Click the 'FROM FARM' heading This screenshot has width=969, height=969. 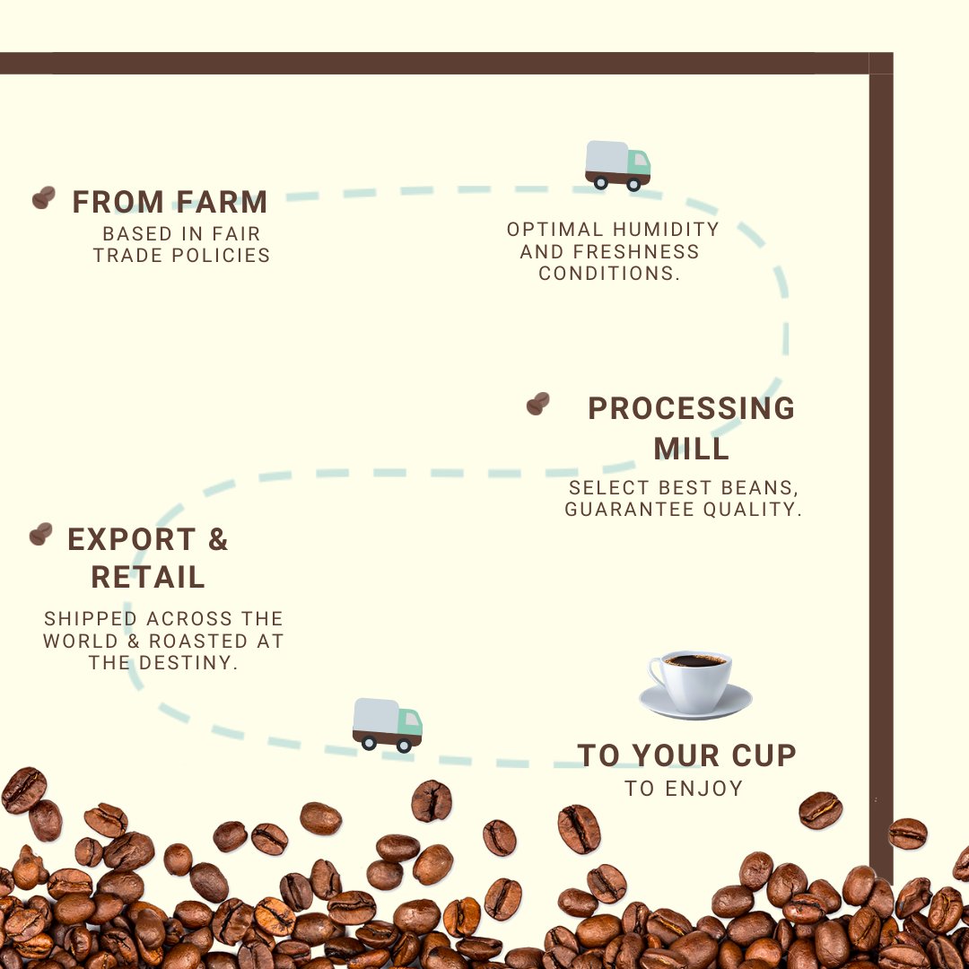click(x=170, y=202)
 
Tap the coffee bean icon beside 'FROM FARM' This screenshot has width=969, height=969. click(x=43, y=197)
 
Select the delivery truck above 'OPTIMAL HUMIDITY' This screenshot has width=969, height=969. click(x=617, y=165)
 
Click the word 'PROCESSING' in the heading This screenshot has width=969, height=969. click(x=691, y=408)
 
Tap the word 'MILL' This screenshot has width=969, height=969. click(x=691, y=448)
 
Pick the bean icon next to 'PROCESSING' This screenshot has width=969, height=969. click(x=537, y=404)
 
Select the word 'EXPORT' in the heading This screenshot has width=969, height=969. click(x=131, y=540)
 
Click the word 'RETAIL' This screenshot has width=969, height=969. click(x=148, y=578)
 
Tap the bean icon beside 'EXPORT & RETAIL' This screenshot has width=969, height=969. click(x=40, y=535)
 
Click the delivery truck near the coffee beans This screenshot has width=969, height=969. click(x=387, y=724)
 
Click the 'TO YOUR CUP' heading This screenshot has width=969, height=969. click(x=686, y=755)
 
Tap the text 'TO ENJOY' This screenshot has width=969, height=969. click(x=685, y=789)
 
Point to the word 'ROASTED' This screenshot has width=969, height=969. click(x=198, y=642)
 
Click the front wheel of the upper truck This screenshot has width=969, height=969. click(x=634, y=184)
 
